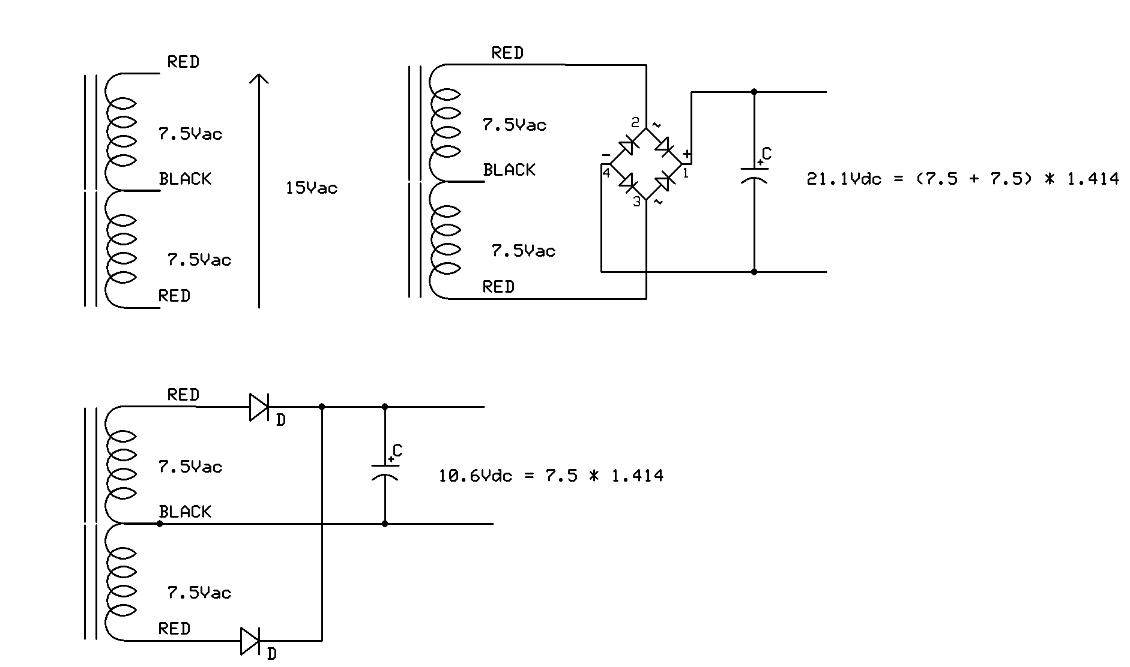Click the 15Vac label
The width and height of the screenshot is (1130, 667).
[x=311, y=188]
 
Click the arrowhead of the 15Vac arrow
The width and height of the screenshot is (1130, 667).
[x=259, y=79]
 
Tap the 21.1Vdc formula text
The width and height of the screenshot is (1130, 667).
[x=962, y=179]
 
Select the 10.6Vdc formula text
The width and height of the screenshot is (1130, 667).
[x=551, y=476]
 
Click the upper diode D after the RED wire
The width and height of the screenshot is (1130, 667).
[x=259, y=407]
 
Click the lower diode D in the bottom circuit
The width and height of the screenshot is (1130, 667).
[x=250, y=641]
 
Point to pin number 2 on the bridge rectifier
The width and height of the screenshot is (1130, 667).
[x=635, y=123]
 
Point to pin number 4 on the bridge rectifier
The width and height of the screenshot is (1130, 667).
[x=606, y=173]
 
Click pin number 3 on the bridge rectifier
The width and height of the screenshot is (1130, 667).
[x=637, y=203]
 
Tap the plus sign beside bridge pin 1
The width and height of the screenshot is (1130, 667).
[x=687, y=154]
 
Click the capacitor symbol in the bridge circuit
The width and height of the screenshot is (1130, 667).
[x=754, y=174]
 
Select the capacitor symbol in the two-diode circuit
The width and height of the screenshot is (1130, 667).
[x=385, y=471]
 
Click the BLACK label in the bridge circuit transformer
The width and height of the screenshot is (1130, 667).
[x=509, y=170]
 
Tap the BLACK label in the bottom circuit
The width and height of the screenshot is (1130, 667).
[x=185, y=512]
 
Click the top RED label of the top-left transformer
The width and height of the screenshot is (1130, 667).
[x=183, y=62]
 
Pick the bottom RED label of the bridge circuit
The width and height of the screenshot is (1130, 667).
[x=498, y=287]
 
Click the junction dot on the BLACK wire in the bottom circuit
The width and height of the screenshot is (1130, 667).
[x=160, y=524]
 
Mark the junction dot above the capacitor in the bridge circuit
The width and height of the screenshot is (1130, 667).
[x=754, y=92]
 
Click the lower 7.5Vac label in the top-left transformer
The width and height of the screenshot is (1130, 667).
[x=199, y=260]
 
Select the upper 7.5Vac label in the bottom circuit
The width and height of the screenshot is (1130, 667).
[x=190, y=467]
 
